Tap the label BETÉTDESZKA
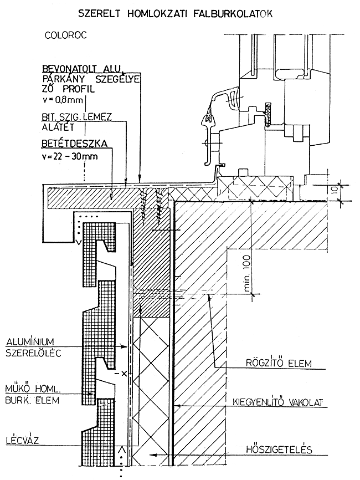coord(74,143)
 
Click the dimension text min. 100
coord(246,271)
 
